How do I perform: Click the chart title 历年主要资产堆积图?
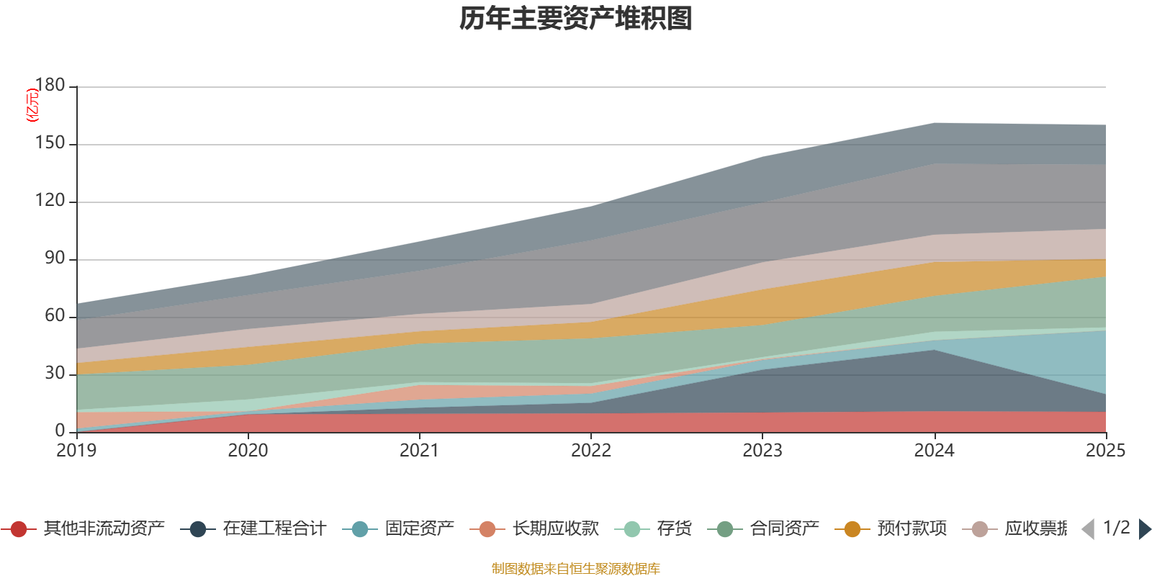[x=576, y=19]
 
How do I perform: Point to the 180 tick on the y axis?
[x=50, y=86]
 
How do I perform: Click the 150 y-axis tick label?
[x=50, y=143]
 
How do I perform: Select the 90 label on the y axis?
[x=54, y=258]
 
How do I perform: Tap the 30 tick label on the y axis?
[x=54, y=374]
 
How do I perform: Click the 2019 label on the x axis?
[x=76, y=451]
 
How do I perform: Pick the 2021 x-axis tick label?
[x=419, y=451]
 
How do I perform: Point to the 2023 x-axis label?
[x=762, y=451]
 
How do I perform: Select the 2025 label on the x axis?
[x=1104, y=451]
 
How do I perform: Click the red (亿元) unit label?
[x=32, y=105]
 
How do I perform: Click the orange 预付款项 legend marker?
[x=852, y=529]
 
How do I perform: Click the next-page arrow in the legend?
[x=1145, y=529]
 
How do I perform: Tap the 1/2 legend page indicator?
[x=1116, y=528]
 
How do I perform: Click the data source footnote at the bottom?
[x=575, y=569]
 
